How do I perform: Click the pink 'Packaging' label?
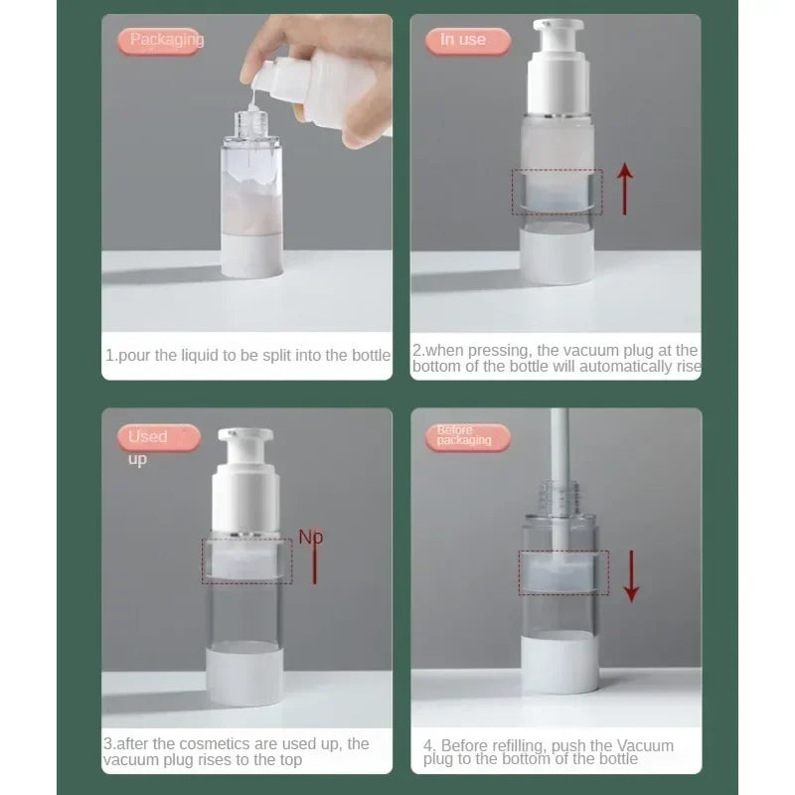point(161,41)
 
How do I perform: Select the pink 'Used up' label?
point(158,437)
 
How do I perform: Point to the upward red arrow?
point(625,190)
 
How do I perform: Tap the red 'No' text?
point(311,539)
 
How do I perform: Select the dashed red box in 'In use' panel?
point(556,192)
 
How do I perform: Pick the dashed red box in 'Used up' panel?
point(246,560)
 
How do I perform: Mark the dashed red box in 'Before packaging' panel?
point(563,573)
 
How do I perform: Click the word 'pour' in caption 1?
point(134,356)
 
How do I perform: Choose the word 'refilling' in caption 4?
point(521,745)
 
